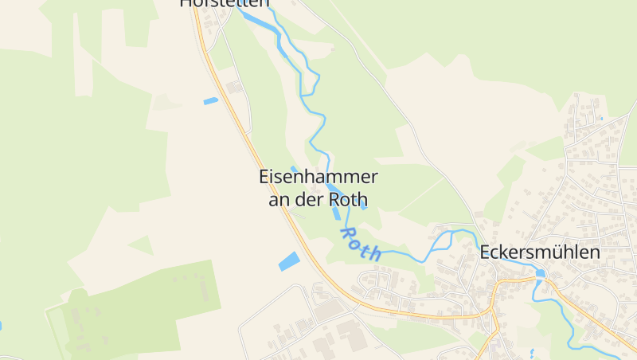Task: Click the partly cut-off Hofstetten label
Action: pos(220,3)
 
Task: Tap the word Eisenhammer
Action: pos(318,177)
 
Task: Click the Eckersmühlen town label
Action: pos(539,252)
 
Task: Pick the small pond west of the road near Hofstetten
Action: pos(210,101)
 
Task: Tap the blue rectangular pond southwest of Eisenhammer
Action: pos(288,260)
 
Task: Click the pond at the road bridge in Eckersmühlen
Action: pos(541,273)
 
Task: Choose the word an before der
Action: pos(278,199)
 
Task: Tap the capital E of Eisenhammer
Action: pos(264,177)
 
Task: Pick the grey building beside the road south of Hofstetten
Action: pos(234,86)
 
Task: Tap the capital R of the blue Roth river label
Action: pos(348,233)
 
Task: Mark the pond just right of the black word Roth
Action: pos(363,204)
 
